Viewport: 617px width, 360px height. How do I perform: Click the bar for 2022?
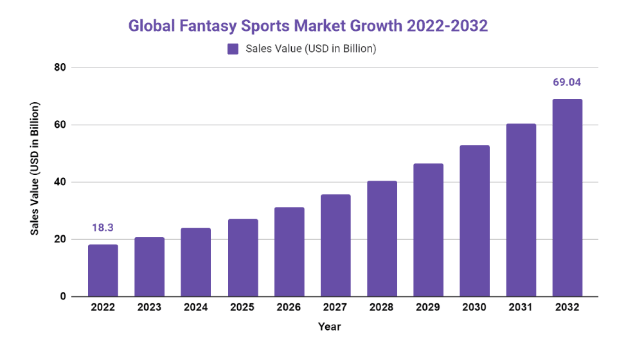[103, 271]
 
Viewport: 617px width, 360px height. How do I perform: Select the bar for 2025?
[242, 258]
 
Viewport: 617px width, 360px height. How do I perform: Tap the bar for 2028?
[382, 239]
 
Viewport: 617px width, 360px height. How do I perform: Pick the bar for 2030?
[474, 221]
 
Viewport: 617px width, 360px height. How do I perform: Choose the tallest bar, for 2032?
[568, 198]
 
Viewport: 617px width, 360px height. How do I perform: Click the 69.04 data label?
[568, 82]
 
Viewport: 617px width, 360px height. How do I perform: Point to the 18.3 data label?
[103, 228]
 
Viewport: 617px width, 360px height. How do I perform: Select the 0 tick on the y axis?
[62, 297]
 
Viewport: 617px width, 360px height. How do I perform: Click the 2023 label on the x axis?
[149, 307]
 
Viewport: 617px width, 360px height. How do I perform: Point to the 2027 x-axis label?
[335, 307]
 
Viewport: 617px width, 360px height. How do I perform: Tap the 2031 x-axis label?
[521, 307]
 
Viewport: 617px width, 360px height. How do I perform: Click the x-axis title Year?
[329, 327]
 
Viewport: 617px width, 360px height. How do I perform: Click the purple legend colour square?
[233, 49]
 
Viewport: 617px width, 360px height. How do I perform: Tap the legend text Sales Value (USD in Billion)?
[310, 49]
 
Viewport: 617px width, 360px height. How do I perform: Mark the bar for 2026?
[289, 252]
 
